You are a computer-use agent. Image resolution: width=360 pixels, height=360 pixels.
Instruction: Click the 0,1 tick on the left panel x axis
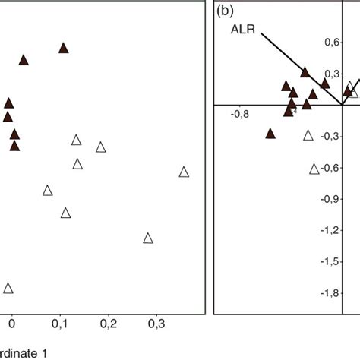pos(59,324)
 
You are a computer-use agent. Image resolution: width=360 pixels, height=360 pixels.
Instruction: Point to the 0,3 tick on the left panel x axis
pos(156,324)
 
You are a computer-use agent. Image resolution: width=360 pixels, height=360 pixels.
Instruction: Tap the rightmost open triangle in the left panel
pos(183,172)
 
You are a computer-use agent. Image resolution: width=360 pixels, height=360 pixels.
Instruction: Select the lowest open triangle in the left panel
pos(8,288)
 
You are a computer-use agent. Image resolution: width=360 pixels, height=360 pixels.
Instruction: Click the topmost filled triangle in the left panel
pos(64,48)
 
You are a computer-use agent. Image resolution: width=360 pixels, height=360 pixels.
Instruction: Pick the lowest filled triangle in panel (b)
pos(270,133)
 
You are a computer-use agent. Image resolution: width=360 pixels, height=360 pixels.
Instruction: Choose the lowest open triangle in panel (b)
pos(314,169)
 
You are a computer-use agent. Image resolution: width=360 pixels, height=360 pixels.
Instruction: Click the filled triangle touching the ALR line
pos(305,72)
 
